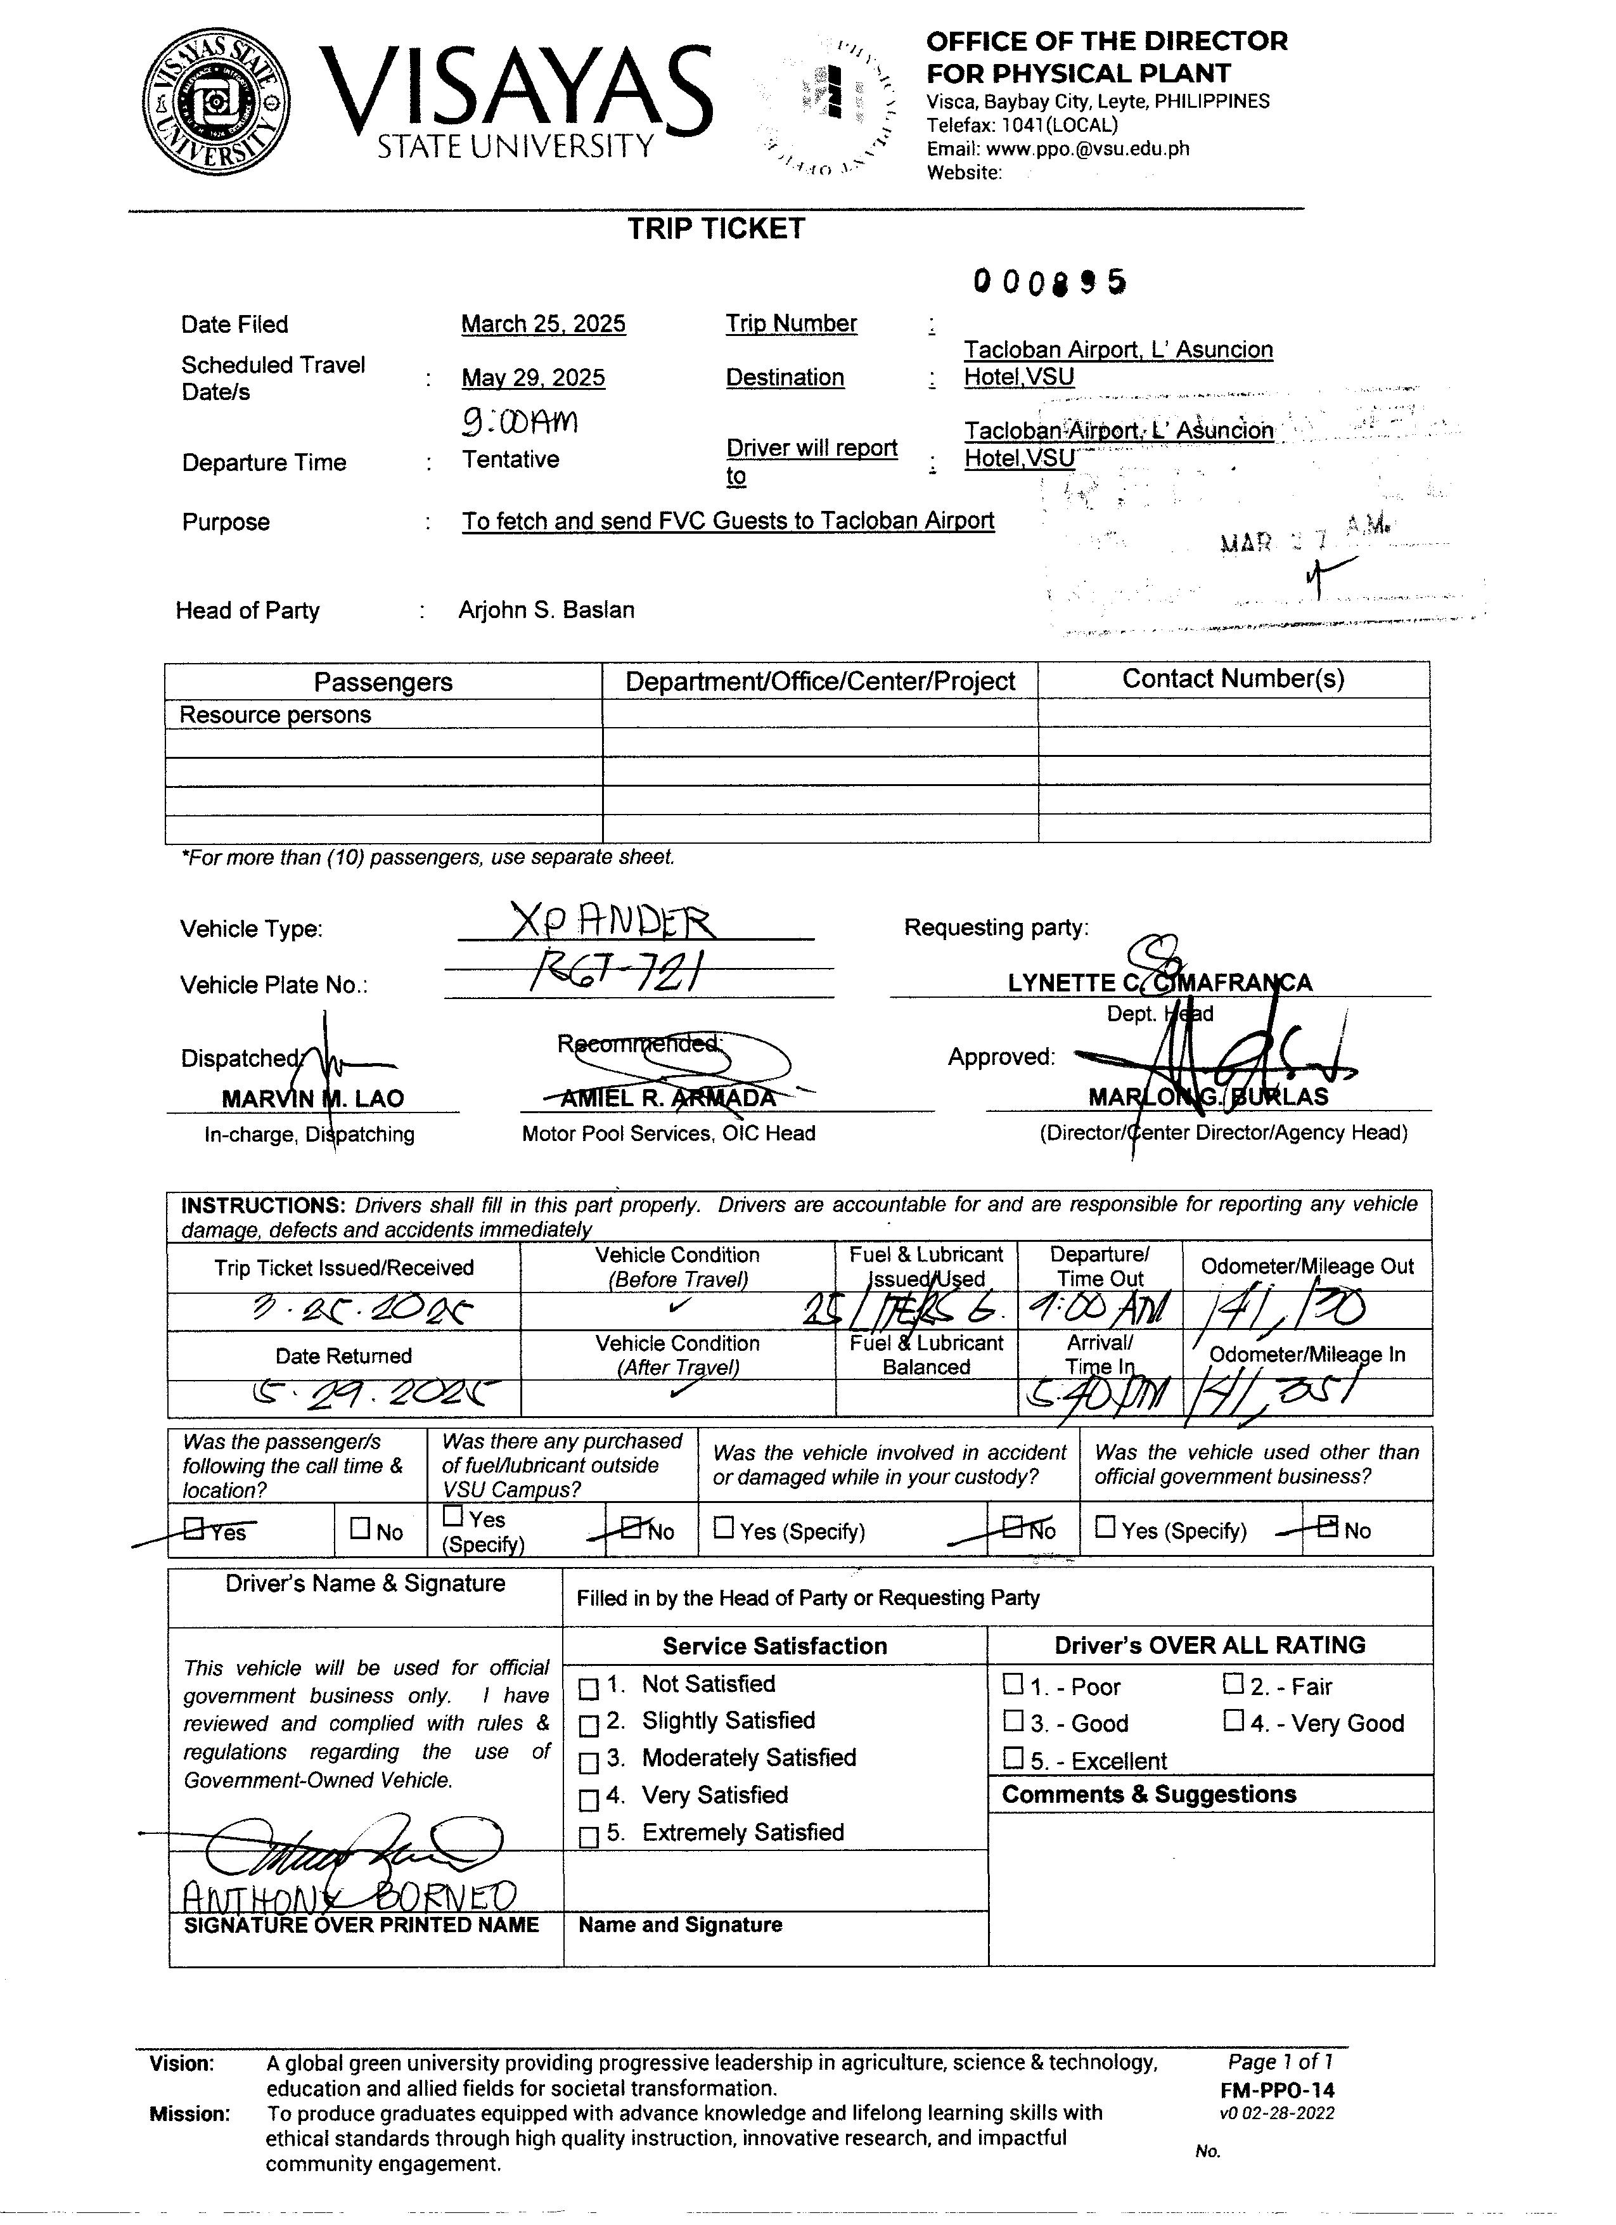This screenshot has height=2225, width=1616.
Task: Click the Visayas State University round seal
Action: point(217,102)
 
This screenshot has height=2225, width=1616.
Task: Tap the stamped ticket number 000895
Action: point(1049,283)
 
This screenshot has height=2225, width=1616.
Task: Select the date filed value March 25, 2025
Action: point(543,324)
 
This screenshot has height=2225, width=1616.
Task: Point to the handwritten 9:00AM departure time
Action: point(520,422)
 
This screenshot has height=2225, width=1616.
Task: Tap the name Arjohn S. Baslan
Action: point(546,610)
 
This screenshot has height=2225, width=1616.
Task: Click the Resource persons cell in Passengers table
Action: point(276,715)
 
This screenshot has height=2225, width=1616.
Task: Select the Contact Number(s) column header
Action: point(1233,679)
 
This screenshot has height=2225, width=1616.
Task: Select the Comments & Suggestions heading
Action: point(1148,1795)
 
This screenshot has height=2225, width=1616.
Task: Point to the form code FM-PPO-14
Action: point(1277,2091)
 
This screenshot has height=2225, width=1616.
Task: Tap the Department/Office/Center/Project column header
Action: point(820,682)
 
